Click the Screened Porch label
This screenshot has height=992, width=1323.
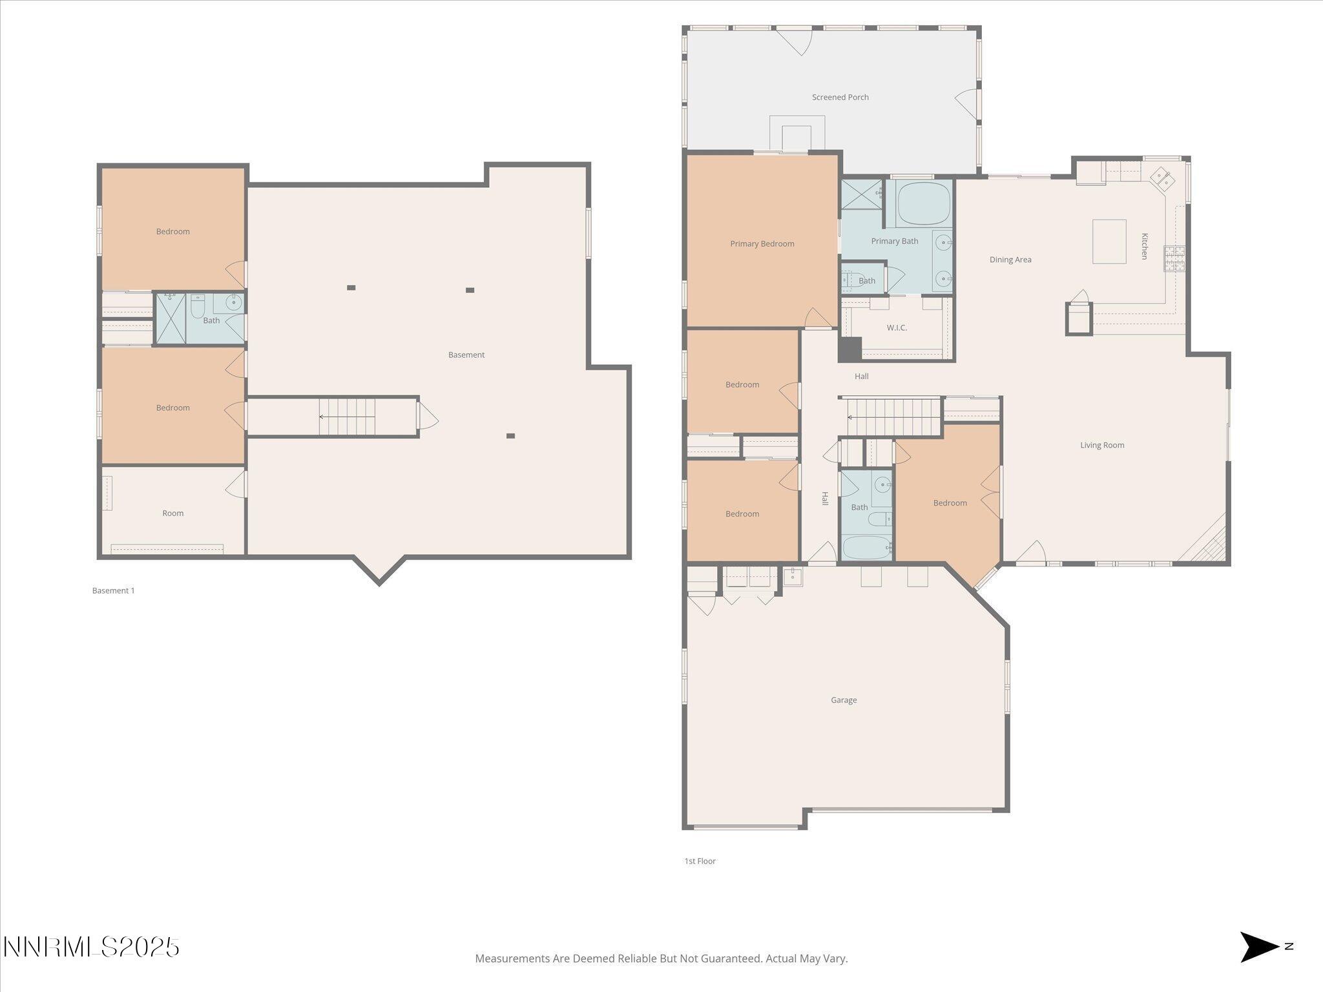click(840, 98)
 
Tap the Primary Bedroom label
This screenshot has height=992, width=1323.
click(762, 244)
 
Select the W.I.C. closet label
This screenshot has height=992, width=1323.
click(896, 328)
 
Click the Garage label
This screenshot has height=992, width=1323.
click(843, 700)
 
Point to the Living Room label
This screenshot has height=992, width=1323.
click(1101, 445)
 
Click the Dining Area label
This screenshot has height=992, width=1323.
click(1010, 260)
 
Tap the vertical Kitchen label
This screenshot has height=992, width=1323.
click(1144, 246)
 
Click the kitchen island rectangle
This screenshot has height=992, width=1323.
click(1109, 242)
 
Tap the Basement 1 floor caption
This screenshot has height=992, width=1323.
click(113, 590)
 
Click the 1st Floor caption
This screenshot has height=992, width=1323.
click(700, 861)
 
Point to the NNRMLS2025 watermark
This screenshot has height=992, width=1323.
click(91, 947)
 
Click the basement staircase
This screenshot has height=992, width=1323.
click(348, 417)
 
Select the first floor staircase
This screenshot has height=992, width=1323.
click(894, 417)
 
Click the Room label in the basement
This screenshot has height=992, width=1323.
click(172, 513)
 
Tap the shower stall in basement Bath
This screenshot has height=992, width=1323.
click(171, 318)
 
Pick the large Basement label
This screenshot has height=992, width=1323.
click(466, 355)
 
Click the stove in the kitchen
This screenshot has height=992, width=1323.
click(1174, 258)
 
